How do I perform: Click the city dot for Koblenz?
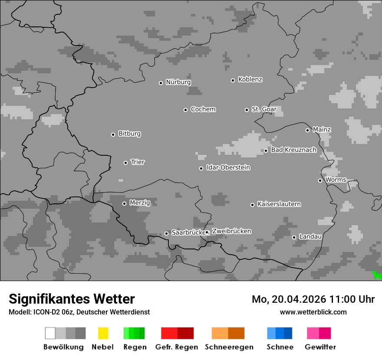233,80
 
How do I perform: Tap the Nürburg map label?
178,82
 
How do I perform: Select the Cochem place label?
203,109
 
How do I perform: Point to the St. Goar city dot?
247,110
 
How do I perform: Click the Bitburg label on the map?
129,134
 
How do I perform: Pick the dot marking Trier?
126,163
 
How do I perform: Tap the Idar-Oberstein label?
228,168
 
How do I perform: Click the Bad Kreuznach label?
294,150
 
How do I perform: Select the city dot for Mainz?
307,130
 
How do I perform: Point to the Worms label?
336,180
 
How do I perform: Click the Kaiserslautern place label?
279,204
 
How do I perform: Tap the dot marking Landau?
294,237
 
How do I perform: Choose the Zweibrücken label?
231,232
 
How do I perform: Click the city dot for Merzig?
124,203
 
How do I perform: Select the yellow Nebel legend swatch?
103,333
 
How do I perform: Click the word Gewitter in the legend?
320,347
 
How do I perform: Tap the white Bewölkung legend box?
50,333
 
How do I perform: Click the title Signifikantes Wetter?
72,299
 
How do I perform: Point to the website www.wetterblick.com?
313,312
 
